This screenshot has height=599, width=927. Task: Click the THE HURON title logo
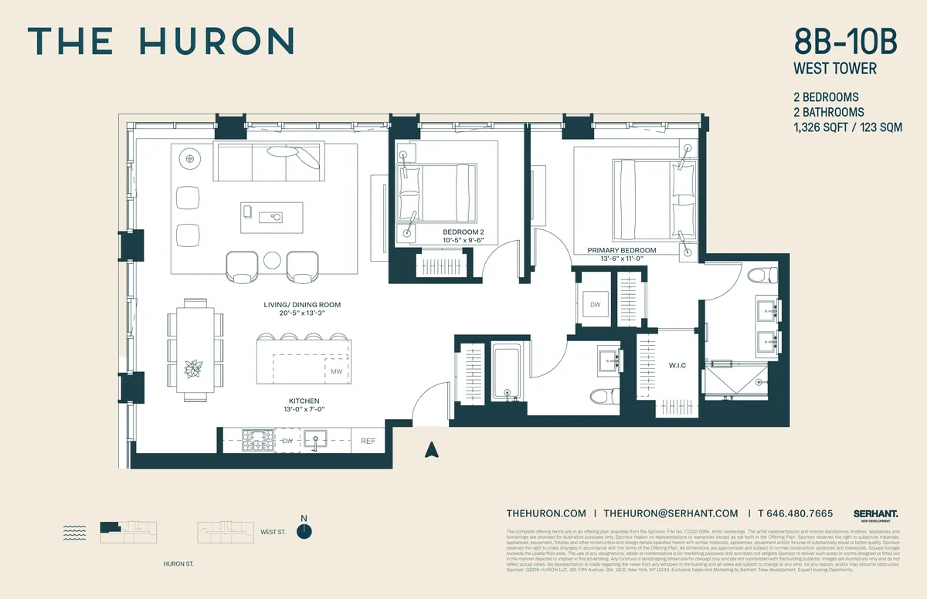(x=161, y=41)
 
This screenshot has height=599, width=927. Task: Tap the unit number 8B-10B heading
(x=845, y=42)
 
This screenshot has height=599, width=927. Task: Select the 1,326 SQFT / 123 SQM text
(x=847, y=128)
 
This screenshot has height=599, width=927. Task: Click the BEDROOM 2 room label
(x=463, y=232)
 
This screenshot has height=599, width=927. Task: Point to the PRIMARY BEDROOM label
(x=621, y=250)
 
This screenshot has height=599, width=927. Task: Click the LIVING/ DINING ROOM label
(x=301, y=305)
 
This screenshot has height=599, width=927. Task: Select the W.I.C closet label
(x=677, y=364)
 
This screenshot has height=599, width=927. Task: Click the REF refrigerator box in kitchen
(x=368, y=442)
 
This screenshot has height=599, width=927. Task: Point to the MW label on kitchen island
(x=336, y=372)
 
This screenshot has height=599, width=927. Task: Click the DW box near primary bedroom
(x=595, y=306)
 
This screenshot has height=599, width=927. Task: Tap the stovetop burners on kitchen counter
(x=258, y=442)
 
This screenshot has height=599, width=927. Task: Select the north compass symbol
(x=307, y=530)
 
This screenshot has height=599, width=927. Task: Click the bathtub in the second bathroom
(x=508, y=375)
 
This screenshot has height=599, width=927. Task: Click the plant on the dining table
(x=193, y=368)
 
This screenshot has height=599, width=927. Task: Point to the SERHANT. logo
(x=875, y=514)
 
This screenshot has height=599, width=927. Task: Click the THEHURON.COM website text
(x=546, y=513)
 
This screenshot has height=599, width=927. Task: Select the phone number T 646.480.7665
(x=795, y=513)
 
